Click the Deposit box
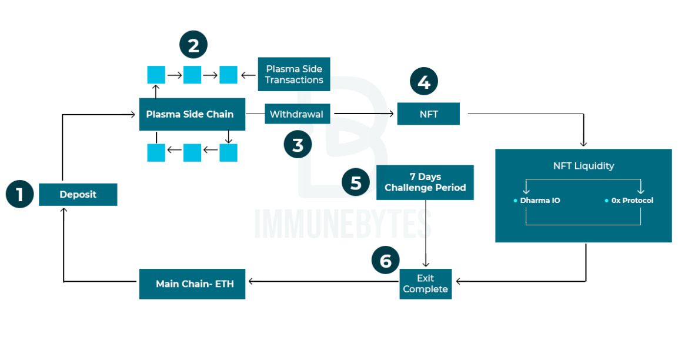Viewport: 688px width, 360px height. click(78, 194)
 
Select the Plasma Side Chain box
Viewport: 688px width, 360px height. click(192, 114)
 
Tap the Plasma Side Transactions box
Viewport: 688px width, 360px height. click(294, 74)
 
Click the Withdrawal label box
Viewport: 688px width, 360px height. click(296, 114)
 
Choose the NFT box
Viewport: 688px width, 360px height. click(428, 114)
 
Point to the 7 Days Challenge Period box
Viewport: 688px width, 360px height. click(425, 182)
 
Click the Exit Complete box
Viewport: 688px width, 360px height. click(425, 284)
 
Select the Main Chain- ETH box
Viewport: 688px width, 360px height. click(192, 284)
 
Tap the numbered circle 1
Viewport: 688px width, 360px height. click(20, 194)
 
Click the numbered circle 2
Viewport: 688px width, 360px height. click(193, 45)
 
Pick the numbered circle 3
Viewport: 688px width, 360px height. click(298, 145)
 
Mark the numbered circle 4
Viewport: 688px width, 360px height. click(424, 82)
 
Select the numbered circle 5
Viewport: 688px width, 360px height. click(356, 182)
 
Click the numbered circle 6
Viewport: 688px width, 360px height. click(386, 261)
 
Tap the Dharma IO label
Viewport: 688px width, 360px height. click(540, 201)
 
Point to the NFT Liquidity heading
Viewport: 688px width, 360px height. click(583, 166)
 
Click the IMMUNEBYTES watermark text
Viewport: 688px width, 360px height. click(343, 225)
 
